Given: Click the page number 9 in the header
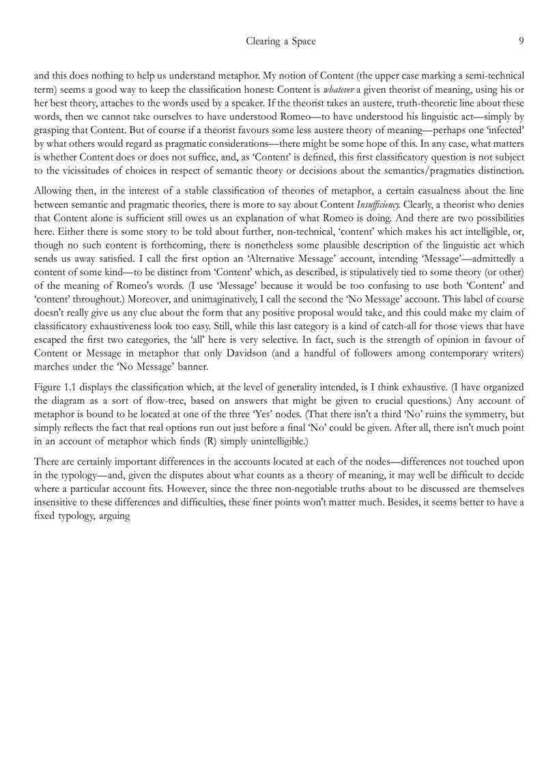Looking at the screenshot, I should point(521,42).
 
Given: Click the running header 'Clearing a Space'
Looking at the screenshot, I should point(281,42).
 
